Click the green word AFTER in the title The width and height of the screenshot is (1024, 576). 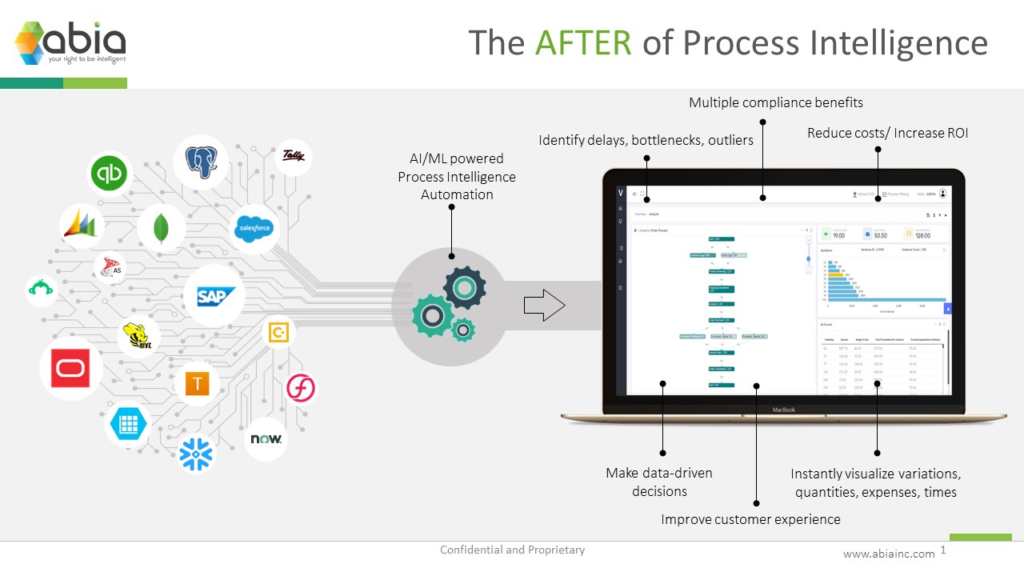[583, 42]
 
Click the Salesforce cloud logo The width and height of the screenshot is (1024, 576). [254, 229]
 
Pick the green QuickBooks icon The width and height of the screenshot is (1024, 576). [109, 174]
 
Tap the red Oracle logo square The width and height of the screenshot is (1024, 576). [70, 369]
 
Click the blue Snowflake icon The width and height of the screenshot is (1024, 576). [196, 454]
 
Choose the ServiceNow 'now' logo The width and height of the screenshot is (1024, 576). [266, 439]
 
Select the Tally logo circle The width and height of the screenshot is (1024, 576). [294, 156]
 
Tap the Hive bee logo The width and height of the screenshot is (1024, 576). [138, 338]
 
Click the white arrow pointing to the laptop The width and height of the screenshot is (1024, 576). [544, 306]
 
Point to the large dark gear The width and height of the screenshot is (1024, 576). [465, 288]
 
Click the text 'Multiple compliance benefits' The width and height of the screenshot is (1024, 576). [775, 102]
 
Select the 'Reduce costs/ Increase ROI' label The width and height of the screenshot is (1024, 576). [887, 133]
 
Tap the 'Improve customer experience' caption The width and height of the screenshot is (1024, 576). [750, 519]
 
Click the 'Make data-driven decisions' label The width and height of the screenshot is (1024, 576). [658, 482]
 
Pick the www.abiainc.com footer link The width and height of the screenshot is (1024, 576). [889, 554]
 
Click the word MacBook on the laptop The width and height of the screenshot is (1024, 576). [783, 410]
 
